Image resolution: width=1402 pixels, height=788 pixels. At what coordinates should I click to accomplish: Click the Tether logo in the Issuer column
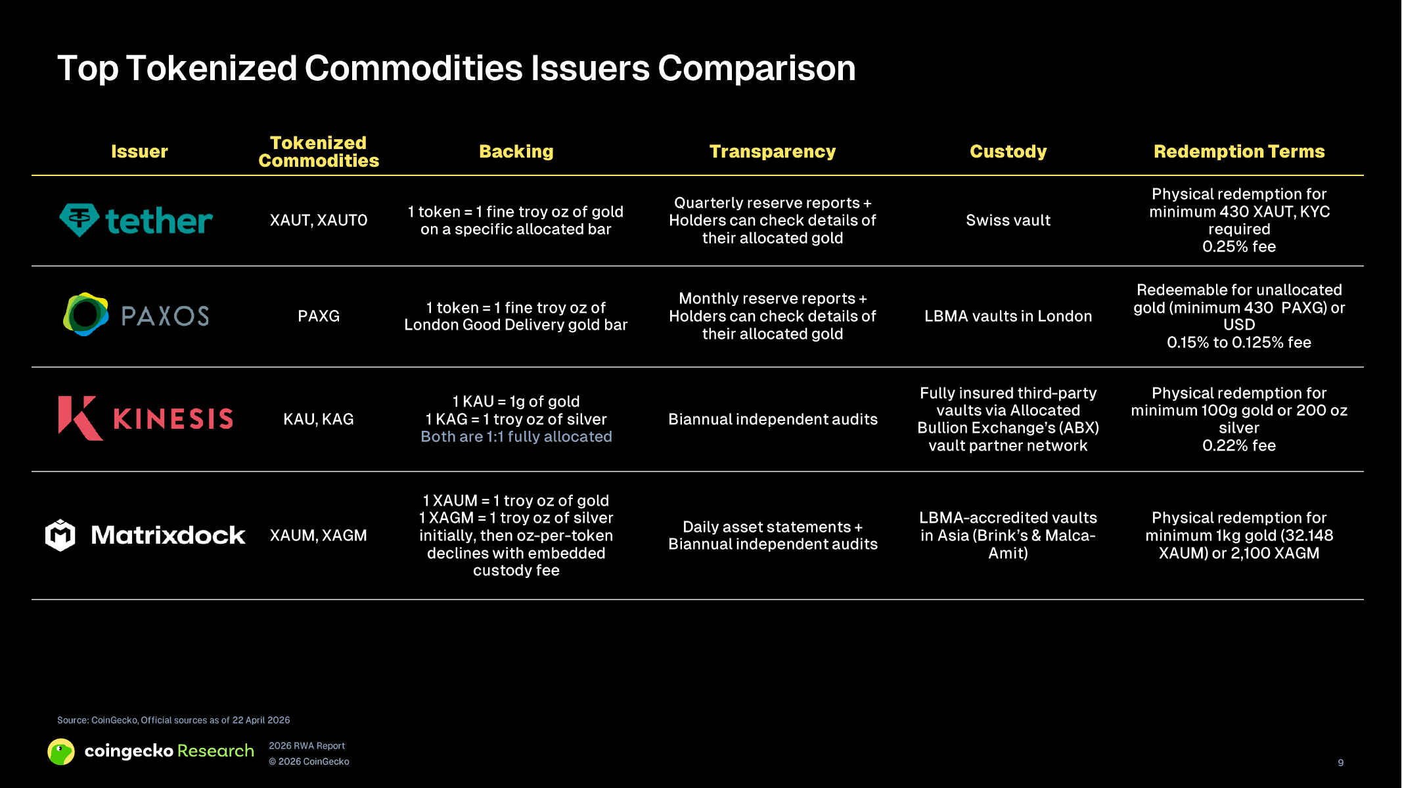click(136, 221)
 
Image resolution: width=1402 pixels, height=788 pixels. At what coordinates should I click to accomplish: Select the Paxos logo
click(136, 315)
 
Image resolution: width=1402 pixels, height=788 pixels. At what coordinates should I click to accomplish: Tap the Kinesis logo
click(145, 418)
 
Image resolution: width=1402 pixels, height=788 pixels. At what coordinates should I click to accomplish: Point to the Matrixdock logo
click(145, 535)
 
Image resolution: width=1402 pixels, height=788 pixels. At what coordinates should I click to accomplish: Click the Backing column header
click(516, 152)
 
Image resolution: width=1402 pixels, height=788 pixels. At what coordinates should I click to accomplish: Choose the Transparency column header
click(773, 152)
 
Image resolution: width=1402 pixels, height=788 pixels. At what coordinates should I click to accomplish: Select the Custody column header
click(1008, 152)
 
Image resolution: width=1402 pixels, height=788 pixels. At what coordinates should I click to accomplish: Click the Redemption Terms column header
click(1239, 152)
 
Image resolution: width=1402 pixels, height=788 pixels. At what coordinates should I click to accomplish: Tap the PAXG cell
click(319, 316)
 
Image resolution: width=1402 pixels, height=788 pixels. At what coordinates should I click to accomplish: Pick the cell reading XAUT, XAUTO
click(319, 221)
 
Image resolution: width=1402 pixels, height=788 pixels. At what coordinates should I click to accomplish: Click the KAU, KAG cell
click(319, 419)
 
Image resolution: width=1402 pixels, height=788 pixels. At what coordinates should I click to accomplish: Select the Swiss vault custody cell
click(1008, 221)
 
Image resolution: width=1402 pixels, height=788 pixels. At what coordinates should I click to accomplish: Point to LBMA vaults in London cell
click(1008, 316)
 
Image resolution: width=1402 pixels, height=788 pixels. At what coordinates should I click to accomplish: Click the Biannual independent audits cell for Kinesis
click(773, 419)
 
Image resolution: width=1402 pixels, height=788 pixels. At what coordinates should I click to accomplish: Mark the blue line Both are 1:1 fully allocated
click(516, 437)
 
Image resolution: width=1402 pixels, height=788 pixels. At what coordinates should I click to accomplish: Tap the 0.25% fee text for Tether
click(1239, 247)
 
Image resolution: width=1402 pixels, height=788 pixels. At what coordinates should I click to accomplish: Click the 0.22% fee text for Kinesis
click(1239, 446)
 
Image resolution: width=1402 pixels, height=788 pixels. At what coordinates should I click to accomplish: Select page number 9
click(1341, 762)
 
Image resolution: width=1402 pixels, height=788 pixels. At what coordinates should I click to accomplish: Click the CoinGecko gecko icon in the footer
click(61, 752)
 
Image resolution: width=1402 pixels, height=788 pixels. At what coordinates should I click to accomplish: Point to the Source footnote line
click(173, 720)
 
